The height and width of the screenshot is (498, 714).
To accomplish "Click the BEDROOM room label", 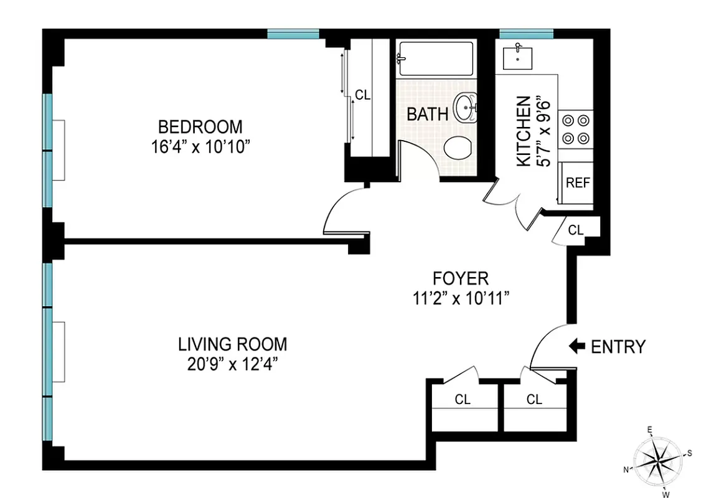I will click(x=200, y=127).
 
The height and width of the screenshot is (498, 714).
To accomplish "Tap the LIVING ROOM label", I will click(x=233, y=344).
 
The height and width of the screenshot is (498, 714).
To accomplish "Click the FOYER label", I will click(x=461, y=278).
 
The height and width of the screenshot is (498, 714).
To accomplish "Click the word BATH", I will click(x=427, y=115).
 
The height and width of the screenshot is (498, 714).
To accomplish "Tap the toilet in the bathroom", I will click(x=459, y=148).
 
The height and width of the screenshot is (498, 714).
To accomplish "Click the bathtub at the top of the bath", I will click(x=436, y=59).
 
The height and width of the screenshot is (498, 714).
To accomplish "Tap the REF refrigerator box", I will click(x=576, y=184).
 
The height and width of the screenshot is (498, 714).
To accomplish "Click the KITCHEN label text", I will click(x=525, y=131).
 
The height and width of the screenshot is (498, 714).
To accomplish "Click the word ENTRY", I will click(x=618, y=347).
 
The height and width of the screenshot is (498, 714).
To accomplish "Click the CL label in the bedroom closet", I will click(x=362, y=95).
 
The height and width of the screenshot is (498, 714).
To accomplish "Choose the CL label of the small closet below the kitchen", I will click(x=576, y=230).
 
